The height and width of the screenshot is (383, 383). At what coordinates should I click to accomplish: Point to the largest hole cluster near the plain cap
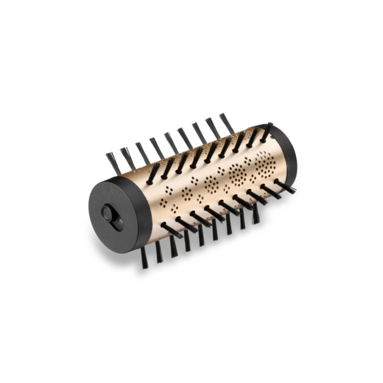click(263, 163)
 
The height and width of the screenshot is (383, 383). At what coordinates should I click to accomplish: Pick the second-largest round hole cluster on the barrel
click(238, 173)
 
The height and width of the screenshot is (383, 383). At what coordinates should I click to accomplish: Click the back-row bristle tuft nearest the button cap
click(113, 163)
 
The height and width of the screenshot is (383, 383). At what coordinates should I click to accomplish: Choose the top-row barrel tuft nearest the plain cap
click(266, 132)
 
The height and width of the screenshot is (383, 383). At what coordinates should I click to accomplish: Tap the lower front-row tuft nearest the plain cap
click(285, 187)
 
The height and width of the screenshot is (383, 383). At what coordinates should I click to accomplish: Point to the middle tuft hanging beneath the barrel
click(201, 236)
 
